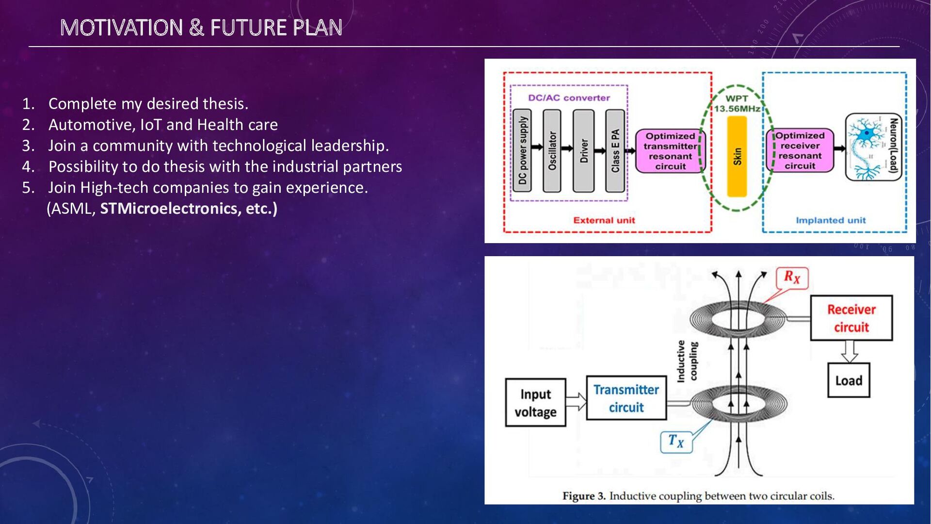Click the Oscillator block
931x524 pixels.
point(552,150)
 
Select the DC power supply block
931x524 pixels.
point(522,150)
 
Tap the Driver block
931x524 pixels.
point(583,150)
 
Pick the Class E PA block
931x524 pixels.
point(615,150)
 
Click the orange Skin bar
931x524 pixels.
point(737,156)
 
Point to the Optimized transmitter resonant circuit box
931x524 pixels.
point(670,151)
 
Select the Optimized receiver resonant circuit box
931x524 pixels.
point(800,150)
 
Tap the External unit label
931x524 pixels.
point(604,220)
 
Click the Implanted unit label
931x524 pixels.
point(831,220)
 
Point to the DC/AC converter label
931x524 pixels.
point(569,98)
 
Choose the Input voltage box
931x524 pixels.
point(535,403)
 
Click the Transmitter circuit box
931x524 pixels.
point(626,398)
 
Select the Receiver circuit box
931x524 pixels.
point(851,318)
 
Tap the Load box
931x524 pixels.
point(849,380)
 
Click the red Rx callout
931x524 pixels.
point(792,278)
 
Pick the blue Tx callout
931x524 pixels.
point(676,441)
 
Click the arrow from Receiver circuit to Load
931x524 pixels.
point(850,351)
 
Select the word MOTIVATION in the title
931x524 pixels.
point(121,28)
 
